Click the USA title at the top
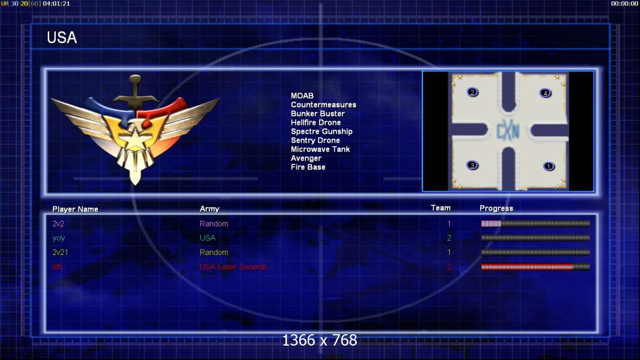tap(62, 38)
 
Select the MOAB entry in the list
tap(302, 95)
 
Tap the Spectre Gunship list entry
tap(321, 131)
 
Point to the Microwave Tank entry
tap(320, 149)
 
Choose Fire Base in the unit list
tap(308, 167)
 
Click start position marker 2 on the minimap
tap(472, 92)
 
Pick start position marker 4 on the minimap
tap(545, 93)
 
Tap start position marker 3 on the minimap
tap(472, 166)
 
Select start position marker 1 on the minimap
tap(549, 166)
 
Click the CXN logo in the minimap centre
tap(508, 131)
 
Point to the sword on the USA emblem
tap(135, 92)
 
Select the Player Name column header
tap(75, 209)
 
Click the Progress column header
tap(496, 208)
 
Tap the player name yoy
tap(59, 238)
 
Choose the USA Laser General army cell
tap(233, 267)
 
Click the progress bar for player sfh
tap(536, 267)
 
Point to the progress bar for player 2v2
tap(536, 224)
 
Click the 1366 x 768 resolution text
tap(320, 340)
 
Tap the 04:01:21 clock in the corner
tap(56, 4)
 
